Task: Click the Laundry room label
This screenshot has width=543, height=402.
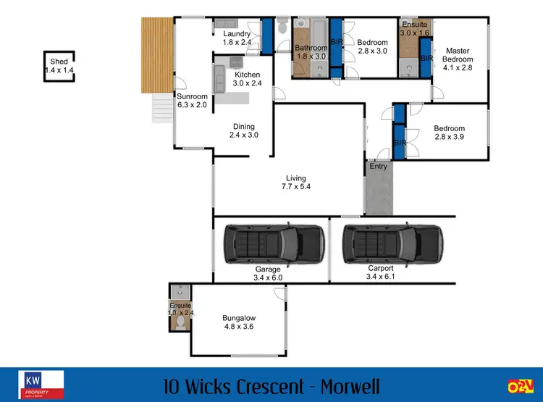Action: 237,34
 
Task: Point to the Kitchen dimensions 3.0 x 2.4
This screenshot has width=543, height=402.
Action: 247,83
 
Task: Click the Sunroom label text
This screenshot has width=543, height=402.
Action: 193,97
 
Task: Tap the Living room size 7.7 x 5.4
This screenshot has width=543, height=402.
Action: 296,187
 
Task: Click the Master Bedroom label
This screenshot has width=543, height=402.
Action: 458,55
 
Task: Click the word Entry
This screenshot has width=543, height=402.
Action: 378,167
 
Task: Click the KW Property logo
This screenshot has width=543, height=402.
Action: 44,384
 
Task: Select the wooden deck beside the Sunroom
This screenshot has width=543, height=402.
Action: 155,54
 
